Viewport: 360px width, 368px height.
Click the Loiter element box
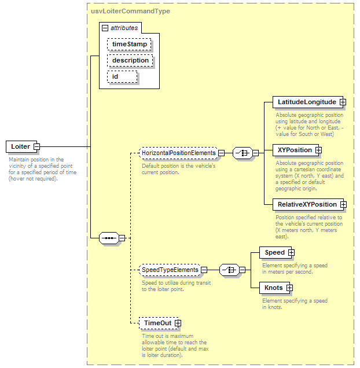point(21,147)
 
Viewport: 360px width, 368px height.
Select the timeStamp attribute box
point(129,44)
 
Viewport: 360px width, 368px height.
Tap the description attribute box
point(130,60)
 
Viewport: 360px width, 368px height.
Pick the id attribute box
point(122,77)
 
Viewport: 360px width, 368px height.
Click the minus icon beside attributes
point(105,28)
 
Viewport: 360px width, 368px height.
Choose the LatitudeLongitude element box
point(308,102)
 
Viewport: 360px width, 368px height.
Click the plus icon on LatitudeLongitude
point(343,102)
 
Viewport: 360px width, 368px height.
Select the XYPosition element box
point(296,150)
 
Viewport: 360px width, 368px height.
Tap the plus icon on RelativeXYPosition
point(343,204)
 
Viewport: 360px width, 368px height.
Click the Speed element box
point(275,252)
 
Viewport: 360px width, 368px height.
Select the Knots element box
point(274,288)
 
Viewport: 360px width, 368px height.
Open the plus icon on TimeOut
point(178,323)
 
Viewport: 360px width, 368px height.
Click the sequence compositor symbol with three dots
point(109,238)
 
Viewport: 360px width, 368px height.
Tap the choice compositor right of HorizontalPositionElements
point(243,153)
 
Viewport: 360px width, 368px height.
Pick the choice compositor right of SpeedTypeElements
point(229,270)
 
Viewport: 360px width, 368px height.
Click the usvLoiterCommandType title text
point(130,11)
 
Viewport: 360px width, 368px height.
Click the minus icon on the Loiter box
point(37,147)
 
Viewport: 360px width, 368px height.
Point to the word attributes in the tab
point(124,28)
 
